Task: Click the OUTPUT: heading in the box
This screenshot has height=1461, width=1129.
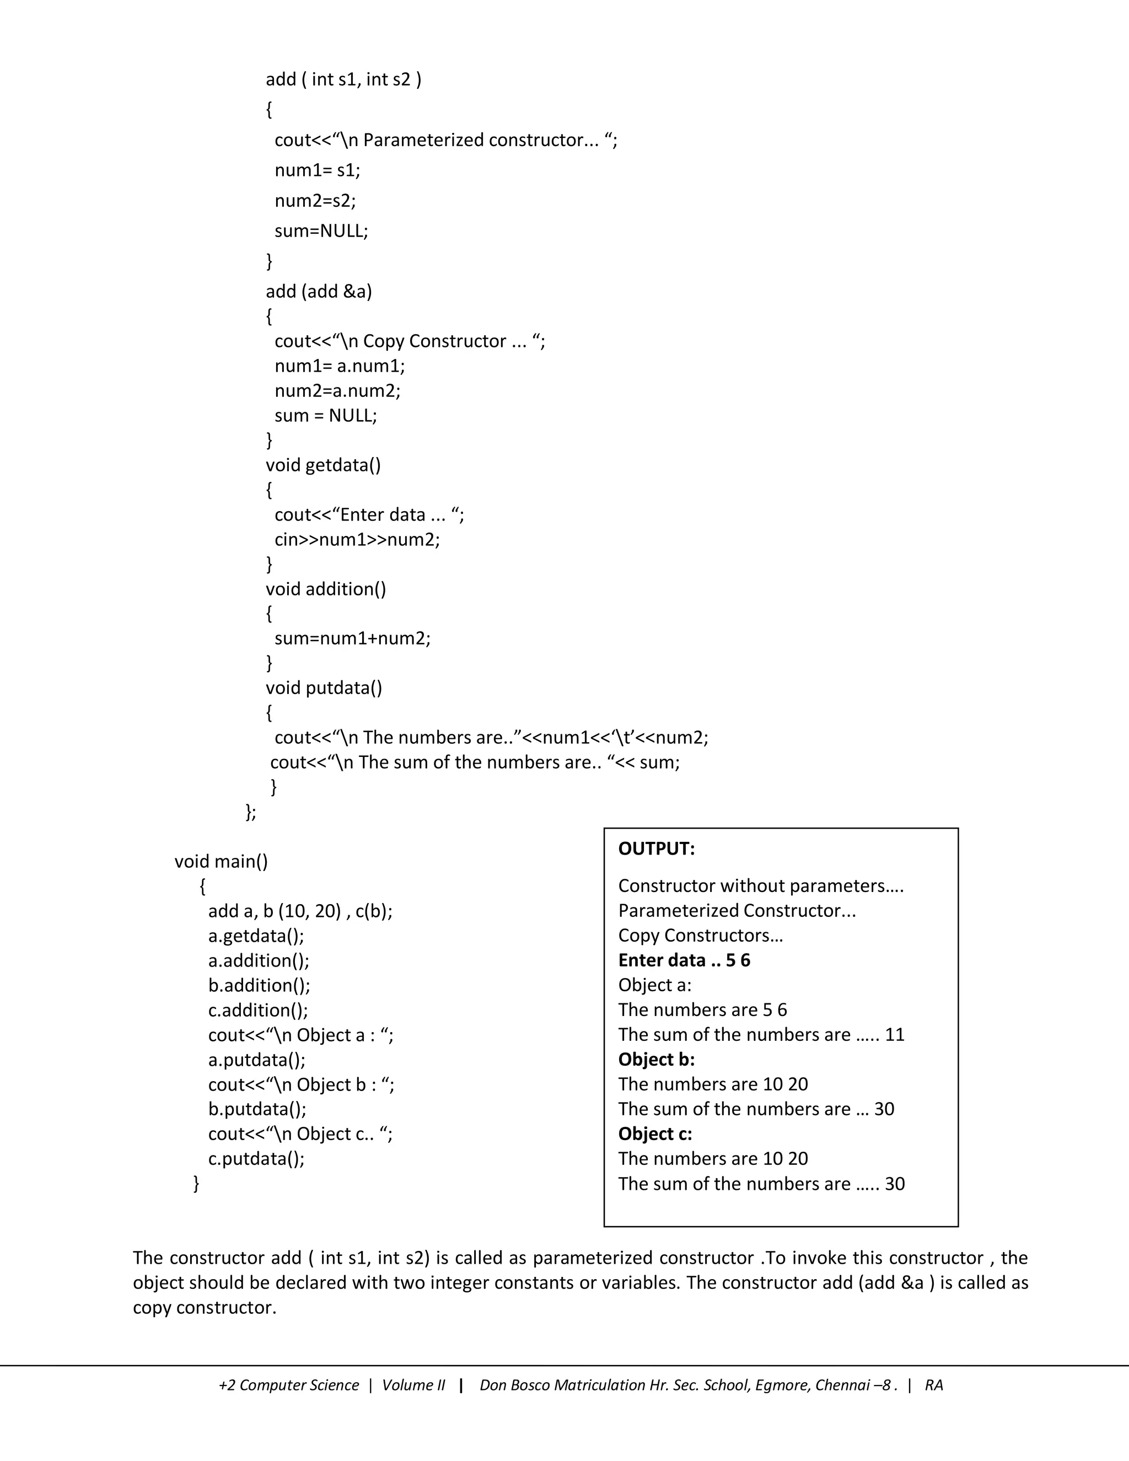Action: pyautogui.click(x=656, y=849)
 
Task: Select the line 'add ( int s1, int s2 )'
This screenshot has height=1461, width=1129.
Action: pyautogui.click(x=343, y=79)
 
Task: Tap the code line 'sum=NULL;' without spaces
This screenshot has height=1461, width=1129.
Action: pyautogui.click(x=321, y=231)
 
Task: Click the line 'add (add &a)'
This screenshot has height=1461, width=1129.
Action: pyautogui.click(x=319, y=292)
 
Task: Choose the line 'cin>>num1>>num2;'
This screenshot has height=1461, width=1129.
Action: pyautogui.click(x=357, y=539)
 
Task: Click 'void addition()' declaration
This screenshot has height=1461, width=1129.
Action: pyautogui.click(x=326, y=589)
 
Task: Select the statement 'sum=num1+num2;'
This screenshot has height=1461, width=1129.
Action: pyautogui.click(x=352, y=638)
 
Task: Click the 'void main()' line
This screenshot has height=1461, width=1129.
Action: pyautogui.click(x=221, y=861)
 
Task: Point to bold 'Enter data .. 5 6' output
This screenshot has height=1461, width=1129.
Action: pyautogui.click(x=684, y=960)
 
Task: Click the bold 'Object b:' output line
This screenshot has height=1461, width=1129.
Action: pyautogui.click(x=656, y=1059)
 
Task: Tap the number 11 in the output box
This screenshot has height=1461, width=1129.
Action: pyautogui.click(x=894, y=1034)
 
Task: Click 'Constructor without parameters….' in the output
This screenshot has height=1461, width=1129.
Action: pyautogui.click(x=760, y=886)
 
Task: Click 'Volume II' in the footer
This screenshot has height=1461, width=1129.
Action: pyautogui.click(x=413, y=1385)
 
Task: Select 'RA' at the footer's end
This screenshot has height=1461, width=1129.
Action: pyautogui.click(x=933, y=1385)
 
